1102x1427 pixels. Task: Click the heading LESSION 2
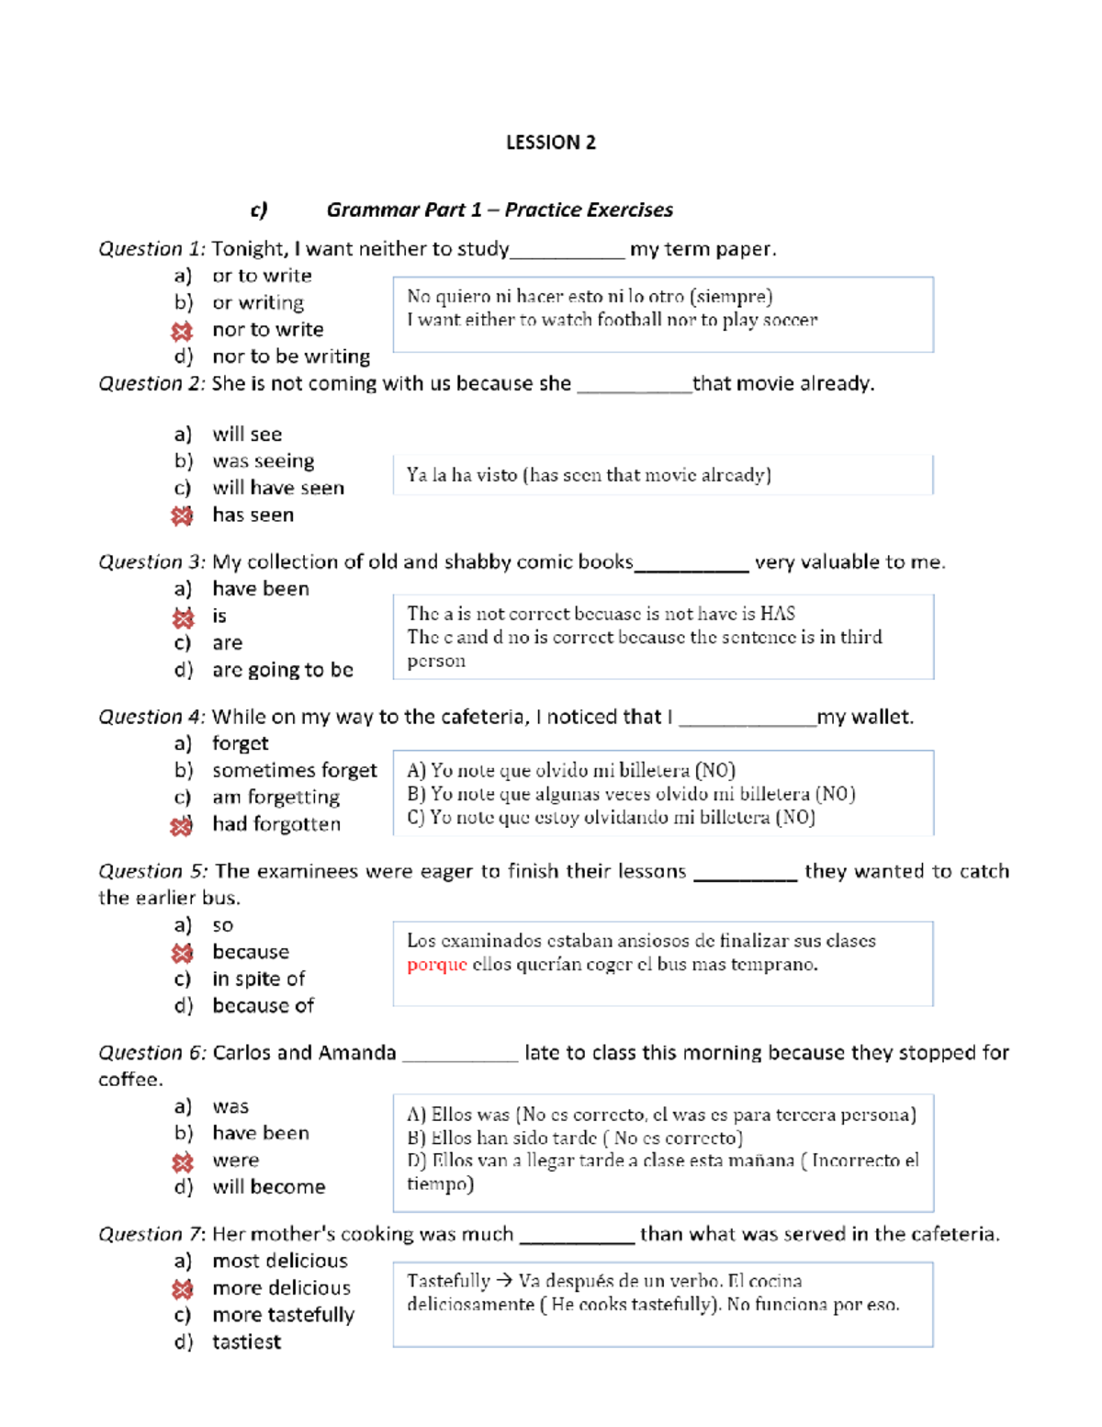point(550,142)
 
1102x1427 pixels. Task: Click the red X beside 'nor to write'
point(182,331)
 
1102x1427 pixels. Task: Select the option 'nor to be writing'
point(290,357)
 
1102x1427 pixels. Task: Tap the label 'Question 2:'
point(152,383)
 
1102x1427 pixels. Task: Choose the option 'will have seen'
point(277,488)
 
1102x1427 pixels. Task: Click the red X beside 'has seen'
point(182,516)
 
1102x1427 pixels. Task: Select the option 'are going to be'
point(282,670)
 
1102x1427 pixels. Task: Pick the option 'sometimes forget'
point(294,770)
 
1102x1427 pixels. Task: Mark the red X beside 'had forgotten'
point(182,826)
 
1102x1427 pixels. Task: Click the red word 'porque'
point(437,965)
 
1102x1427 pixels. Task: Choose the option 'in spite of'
point(258,979)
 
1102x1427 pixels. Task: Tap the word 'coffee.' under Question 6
point(130,1080)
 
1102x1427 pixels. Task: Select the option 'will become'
point(268,1187)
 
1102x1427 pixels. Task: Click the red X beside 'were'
point(182,1162)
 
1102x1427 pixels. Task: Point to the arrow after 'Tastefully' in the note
point(503,1281)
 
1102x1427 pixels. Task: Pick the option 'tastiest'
point(246,1342)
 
